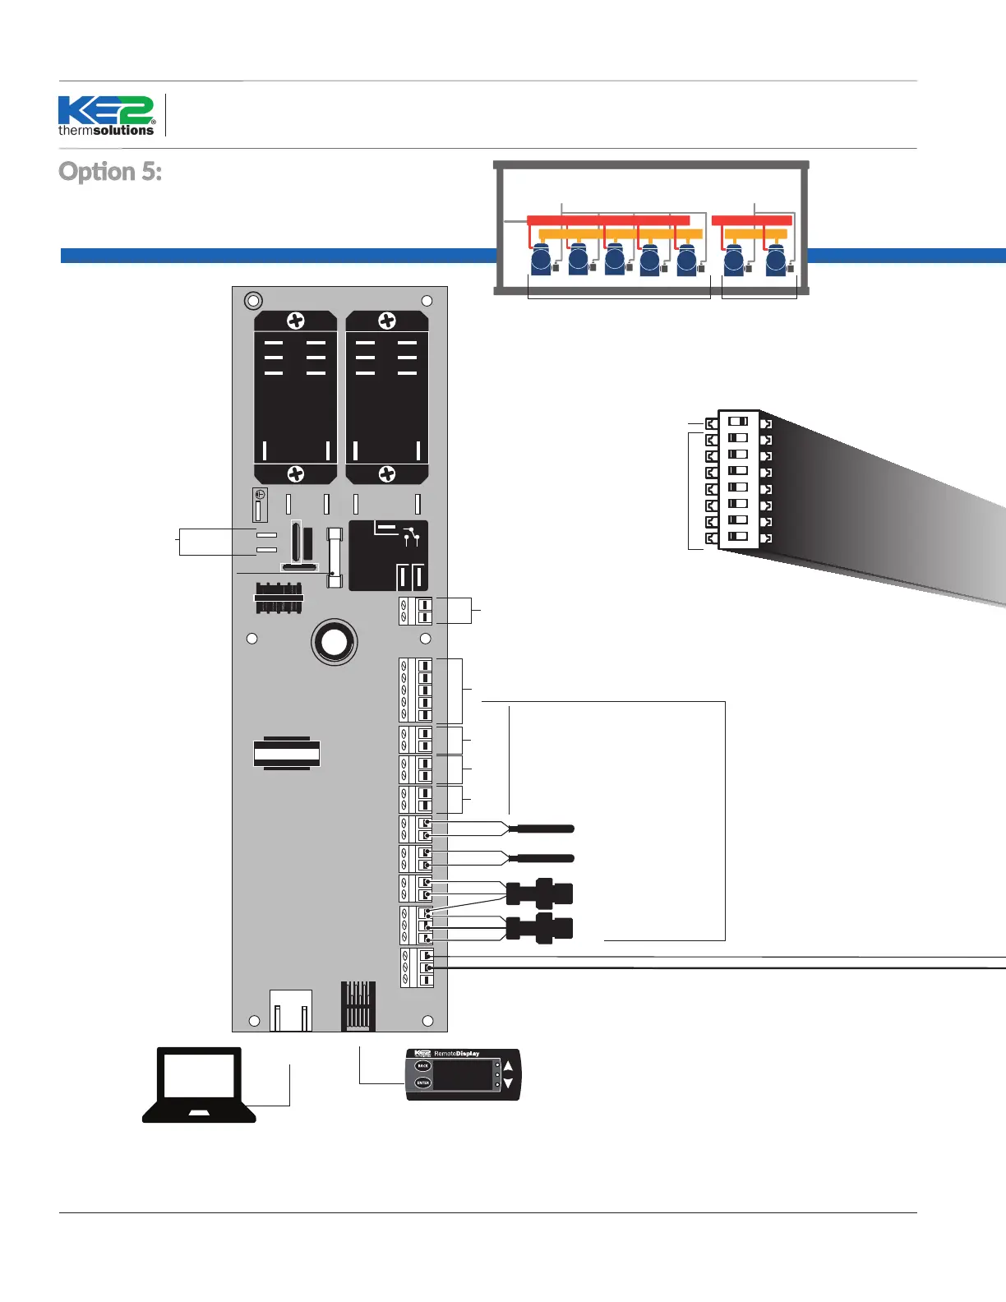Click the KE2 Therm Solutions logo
pyautogui.click(x=106, y=116)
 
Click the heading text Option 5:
pyautogui.click(x=110, y=172)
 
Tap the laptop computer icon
pyautogui.click(x=200, y=1084)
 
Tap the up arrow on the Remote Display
pyautogui.click(x=508, y=1066)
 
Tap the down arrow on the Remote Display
pyautogui.click(x=508, y=1084)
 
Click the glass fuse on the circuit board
pyautogui.click(x=335, y=557)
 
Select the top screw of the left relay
pyautogui.click(x=296, y=321)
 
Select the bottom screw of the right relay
pyautogui.click(x=387, y=474)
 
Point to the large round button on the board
pyautogui.click(x=335, y=642)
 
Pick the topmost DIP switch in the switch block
pyautogui.click(x=738, y=422)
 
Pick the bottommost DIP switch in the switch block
pyautogui.click(x=738, y=537)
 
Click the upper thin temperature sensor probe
pyautogui.click(x=542, y=829)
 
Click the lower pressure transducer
pyautogui.click(x=540, y=929)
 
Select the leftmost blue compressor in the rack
pyautogui.click(x=541, y=261)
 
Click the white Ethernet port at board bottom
pyautogui.click(x=291, y=1011)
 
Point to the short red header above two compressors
pyautogui.click(x=751, y=220)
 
